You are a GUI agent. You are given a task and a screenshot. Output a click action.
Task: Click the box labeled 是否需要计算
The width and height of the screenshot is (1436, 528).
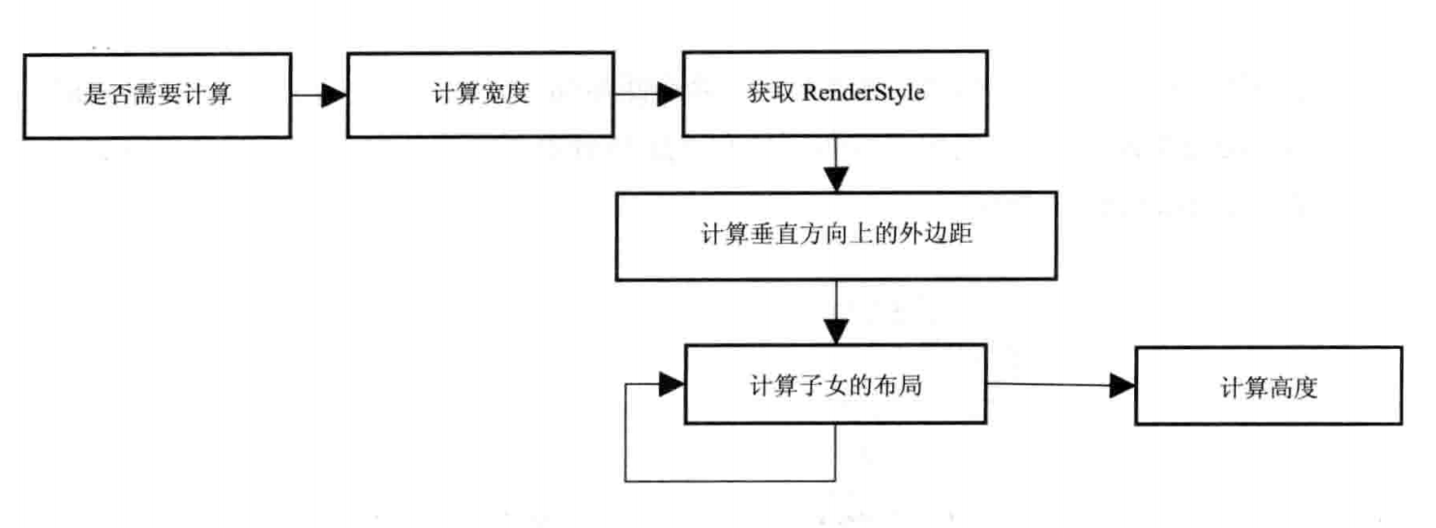click(x=158, y=96)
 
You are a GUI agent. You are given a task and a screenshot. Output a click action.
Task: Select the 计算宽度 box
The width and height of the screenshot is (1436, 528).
click(x=481, y=95)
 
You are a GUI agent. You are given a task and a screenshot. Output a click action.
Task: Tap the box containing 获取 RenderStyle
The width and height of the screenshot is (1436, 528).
click(x=835, y=94)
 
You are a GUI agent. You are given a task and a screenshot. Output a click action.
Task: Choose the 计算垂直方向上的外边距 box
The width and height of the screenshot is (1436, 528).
click(x=837, y=236)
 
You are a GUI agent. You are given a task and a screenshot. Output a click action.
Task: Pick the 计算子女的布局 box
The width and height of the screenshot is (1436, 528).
click(x=835, y=385)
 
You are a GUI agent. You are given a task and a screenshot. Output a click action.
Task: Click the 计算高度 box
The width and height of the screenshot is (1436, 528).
click(x=1269, y=386)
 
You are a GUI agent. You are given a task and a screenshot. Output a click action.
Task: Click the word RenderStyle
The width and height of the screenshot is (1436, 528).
click(x=863, y=93)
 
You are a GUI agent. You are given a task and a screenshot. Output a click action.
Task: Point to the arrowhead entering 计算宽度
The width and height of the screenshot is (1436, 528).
click(x=334, y=96)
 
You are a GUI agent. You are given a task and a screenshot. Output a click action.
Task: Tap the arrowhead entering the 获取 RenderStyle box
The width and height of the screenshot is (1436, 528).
click(x=670, y=94)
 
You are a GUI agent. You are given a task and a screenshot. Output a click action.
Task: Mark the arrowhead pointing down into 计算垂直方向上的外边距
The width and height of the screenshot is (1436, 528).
click(x=836, y=180)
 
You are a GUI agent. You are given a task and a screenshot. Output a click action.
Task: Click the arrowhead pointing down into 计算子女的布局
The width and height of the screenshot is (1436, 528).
click(x=836, y=332)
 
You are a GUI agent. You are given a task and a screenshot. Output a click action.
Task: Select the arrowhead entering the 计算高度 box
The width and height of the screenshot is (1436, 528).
click(x=1122, y=386)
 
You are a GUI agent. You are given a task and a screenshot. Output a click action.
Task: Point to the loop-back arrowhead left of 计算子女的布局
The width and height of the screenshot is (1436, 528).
click(x=672, y=385)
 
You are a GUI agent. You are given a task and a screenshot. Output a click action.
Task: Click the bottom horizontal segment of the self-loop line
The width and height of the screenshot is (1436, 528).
click(x=731, y=481)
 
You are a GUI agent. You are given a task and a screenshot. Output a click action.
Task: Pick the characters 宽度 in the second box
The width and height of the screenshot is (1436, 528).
click(x=506, y=94)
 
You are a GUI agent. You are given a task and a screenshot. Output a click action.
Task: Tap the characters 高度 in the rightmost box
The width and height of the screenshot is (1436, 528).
click(x=1294, y=388)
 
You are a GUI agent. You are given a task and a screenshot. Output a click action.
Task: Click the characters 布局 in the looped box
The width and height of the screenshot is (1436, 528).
click(x=899, y=385)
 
